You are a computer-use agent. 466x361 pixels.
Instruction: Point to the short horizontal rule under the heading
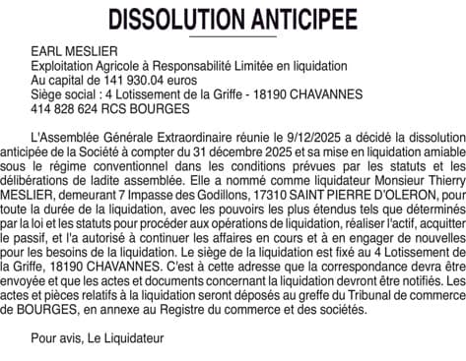pyautogui.click(x=233, y=35)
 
